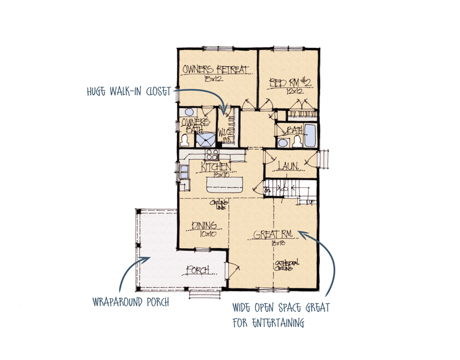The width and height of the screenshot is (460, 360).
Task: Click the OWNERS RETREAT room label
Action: (215, 69)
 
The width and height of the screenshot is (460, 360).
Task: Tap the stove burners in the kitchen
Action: (212, 154)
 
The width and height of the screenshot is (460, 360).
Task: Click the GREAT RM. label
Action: (273, 235)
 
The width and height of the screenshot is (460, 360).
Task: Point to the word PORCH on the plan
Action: (199, 270)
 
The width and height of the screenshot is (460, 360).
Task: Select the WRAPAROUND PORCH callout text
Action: (131, 302)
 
